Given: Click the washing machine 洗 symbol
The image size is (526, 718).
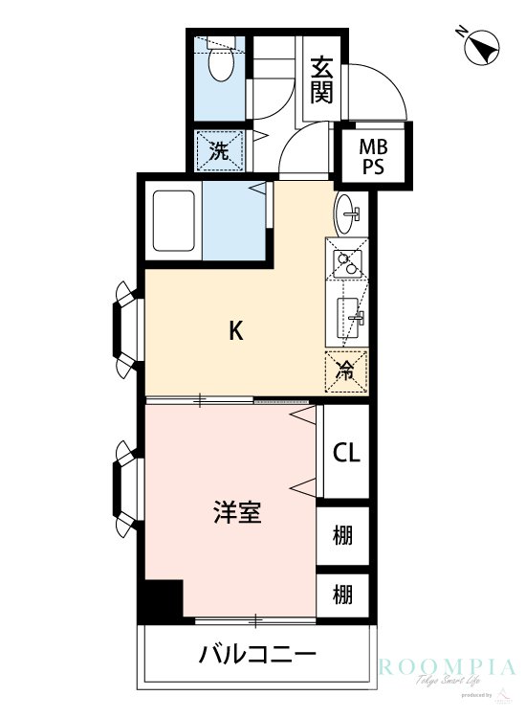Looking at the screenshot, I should (219, 149).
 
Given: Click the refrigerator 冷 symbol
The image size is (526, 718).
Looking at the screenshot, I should (345, 370).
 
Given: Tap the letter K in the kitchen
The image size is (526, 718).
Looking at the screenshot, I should (235, 331).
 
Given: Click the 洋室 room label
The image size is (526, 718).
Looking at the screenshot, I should (236, 513).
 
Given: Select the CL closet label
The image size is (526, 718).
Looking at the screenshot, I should (345, 453).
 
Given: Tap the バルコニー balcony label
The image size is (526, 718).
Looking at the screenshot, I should (256, 656).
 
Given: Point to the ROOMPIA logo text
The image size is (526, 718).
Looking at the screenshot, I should (447, 667).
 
